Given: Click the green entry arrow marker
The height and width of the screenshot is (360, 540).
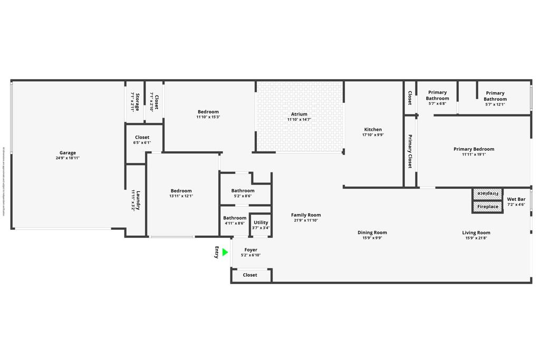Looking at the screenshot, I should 225,252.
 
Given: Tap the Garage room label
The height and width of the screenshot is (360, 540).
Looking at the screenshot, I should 67,153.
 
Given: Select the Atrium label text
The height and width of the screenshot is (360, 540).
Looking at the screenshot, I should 299,114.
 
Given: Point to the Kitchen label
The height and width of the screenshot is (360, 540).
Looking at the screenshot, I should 373,130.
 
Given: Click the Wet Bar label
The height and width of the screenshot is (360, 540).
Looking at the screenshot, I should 516,199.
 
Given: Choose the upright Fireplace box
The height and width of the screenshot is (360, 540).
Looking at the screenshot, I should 488,207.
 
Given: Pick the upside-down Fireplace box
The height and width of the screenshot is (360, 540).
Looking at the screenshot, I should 488,193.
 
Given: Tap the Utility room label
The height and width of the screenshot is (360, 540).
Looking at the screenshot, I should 261,222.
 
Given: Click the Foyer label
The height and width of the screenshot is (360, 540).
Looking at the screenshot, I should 251,250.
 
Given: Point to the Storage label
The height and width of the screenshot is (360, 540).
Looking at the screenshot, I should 138,102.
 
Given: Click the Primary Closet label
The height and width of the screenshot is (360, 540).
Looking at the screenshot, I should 410,151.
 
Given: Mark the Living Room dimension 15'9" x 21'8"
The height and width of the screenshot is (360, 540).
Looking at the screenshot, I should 476,238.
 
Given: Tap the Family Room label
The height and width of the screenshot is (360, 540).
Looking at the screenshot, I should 306,215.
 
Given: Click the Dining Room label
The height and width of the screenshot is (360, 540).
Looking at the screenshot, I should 372,232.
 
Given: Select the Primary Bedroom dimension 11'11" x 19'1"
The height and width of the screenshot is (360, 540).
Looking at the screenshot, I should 474,155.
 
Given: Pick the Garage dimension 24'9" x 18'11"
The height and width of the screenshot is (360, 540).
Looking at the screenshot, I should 67,158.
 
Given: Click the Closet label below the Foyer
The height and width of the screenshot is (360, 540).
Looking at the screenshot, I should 250,275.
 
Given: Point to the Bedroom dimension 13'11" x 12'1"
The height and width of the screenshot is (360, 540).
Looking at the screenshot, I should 181,196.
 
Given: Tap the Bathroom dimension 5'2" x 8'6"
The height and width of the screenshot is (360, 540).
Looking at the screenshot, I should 243,196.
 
